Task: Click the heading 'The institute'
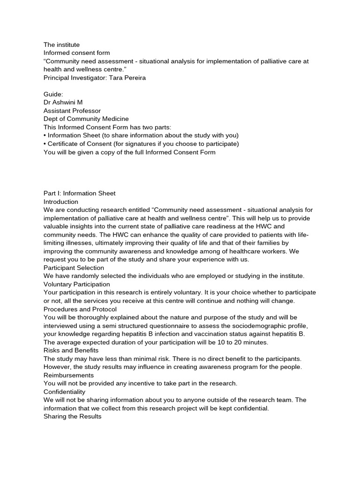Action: [61, 45]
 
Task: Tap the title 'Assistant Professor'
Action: [72, 111]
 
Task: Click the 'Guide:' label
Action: [53, 94]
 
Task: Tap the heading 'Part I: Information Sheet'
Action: [79, 193]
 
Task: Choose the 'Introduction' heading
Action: [61, 202]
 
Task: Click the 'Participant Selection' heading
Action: [74, 268]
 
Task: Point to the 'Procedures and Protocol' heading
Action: [80, 309]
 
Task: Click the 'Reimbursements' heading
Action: [68, 375]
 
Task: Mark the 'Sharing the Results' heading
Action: [72, 416]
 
